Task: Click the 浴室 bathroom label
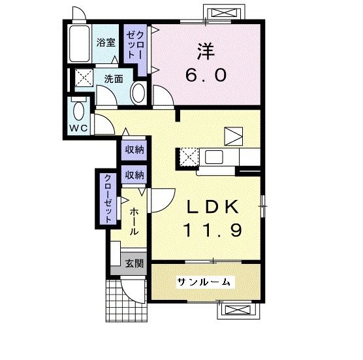(106, 44)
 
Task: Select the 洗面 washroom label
(114, 80)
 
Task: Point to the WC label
(78, 127)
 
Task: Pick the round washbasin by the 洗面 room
(138, 93)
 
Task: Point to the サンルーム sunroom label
(203, 282)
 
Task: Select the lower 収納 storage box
(135, 174)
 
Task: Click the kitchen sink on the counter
(214, 158)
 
